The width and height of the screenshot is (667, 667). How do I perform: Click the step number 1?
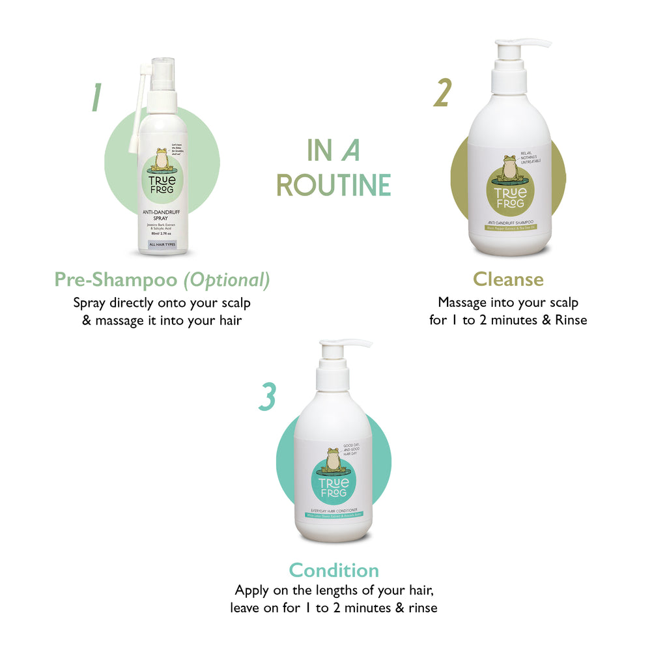[x=96, y=97]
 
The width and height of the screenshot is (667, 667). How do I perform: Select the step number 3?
[x=267, y=397]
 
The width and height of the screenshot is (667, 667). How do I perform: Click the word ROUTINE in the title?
[x=333, y=185]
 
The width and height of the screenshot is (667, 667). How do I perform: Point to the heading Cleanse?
[x=508, y=279]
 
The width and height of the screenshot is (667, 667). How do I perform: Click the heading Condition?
[x=333, y=570]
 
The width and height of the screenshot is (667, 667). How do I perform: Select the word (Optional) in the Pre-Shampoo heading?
[x=226, y=279]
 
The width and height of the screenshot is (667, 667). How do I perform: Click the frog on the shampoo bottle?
[x=509, y=167]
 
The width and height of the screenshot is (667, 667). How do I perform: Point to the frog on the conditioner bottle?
[x=333, y=460]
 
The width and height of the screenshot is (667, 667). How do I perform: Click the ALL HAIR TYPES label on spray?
[x=162, y=244]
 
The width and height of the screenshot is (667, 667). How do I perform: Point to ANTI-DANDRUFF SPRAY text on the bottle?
[x=162, y=215]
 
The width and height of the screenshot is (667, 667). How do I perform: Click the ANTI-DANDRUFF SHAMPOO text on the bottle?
[x=509, y=222]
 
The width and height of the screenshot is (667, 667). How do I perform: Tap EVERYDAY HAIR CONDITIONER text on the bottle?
[x=333, y=510]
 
